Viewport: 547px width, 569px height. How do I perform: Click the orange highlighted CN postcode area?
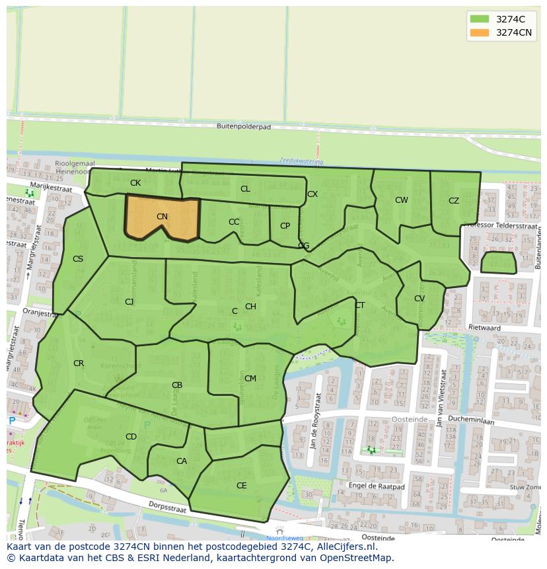click(162, 216)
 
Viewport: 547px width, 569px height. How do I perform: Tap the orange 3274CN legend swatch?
click(480, 32)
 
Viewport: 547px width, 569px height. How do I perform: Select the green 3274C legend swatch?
click(480, 19)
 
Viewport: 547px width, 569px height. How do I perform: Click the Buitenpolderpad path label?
click(244, 126)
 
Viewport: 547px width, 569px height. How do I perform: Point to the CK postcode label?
click(135, 183)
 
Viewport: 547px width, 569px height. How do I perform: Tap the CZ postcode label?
click(454, 201)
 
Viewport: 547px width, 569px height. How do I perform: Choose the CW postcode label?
click(402, 200)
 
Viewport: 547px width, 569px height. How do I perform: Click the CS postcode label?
click(78, 259)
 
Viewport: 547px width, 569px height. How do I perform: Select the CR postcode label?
click(79, 363)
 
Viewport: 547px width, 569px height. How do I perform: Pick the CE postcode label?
click(242, 486)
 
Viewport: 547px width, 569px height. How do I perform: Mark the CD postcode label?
click(131, 437)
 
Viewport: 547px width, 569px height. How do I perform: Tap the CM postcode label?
click(250, 379)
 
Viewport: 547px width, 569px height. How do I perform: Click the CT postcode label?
click(360, 305)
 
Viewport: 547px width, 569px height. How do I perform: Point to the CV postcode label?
click(419, 299)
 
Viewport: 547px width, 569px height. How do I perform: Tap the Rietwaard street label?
click(503, 328)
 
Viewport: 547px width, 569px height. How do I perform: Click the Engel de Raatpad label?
click(377, 486)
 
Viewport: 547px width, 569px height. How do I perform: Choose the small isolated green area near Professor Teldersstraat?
click(498, 262)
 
